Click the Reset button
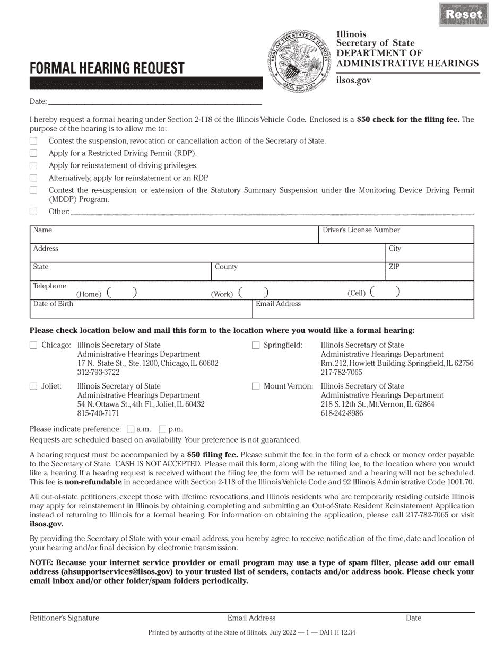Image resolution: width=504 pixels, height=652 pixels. (x=464, y=14)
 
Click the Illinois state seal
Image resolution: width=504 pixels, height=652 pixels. (x=299, y=60)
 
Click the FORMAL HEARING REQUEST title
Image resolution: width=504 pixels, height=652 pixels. (x=107, y=68)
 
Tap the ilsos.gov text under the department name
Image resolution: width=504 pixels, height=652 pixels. (x=353, y=80)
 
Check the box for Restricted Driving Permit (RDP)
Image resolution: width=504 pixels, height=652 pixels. (x=33, y=153)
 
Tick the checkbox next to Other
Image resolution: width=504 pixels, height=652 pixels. (x=33, y=212)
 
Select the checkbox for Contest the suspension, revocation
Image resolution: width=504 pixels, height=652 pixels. (x=33, y=141)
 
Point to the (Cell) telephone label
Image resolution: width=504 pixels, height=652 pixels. (x=357, y=293)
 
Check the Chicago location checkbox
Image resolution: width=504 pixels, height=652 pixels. (x=33, y=345)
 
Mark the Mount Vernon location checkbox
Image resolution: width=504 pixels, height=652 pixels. (x=256, y=386)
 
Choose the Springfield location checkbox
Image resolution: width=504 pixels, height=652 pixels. (x=256, y=345)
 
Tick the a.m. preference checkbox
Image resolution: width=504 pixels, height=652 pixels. (x=131, y=429)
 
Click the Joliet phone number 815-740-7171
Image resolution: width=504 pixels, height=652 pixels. (x=98, y=413)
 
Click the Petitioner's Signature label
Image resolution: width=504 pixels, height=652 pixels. (x=64, y=618)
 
